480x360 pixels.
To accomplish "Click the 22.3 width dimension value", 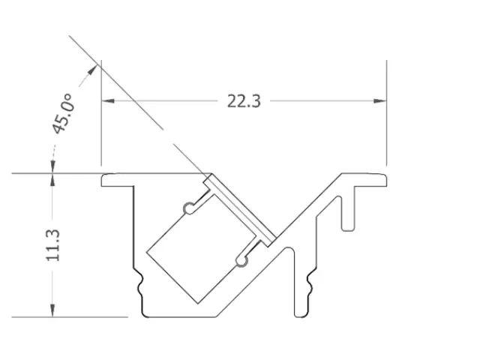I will (x=244, y=100).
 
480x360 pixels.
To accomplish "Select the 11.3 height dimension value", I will (x=52, y=245).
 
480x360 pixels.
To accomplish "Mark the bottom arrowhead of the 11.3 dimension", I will (x=52, y=311).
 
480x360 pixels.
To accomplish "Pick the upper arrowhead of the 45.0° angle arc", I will (x=94, y=68).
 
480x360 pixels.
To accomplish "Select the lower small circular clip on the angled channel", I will (x=240, y=260).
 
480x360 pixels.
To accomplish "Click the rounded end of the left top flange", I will (x=104, y=179).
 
